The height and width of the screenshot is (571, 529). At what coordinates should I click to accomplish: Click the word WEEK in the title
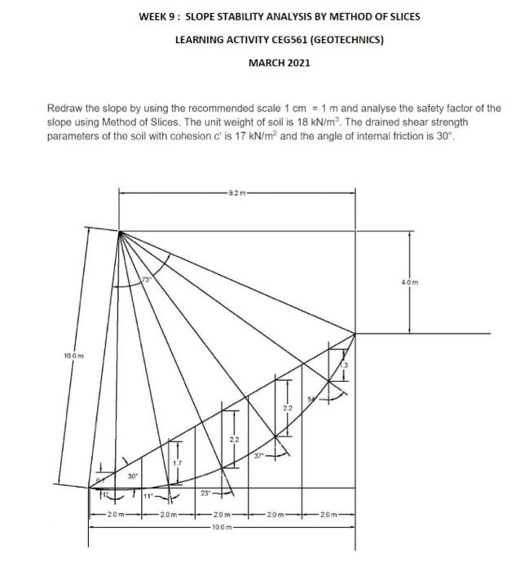(153, 16)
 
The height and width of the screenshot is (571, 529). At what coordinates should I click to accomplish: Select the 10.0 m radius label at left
(72, 356)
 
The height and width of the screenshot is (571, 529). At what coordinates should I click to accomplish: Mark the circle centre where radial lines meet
(119, 232)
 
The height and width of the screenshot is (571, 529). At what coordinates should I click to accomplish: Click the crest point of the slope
(355, 333)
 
